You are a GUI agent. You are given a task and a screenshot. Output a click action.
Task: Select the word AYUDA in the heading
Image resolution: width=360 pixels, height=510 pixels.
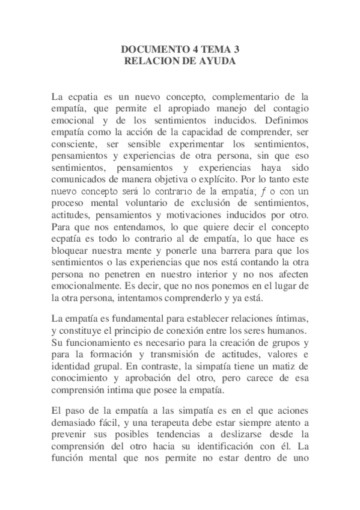[218, 61]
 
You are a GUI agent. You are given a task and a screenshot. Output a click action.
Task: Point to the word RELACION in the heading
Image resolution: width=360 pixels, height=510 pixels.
[148, 61]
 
